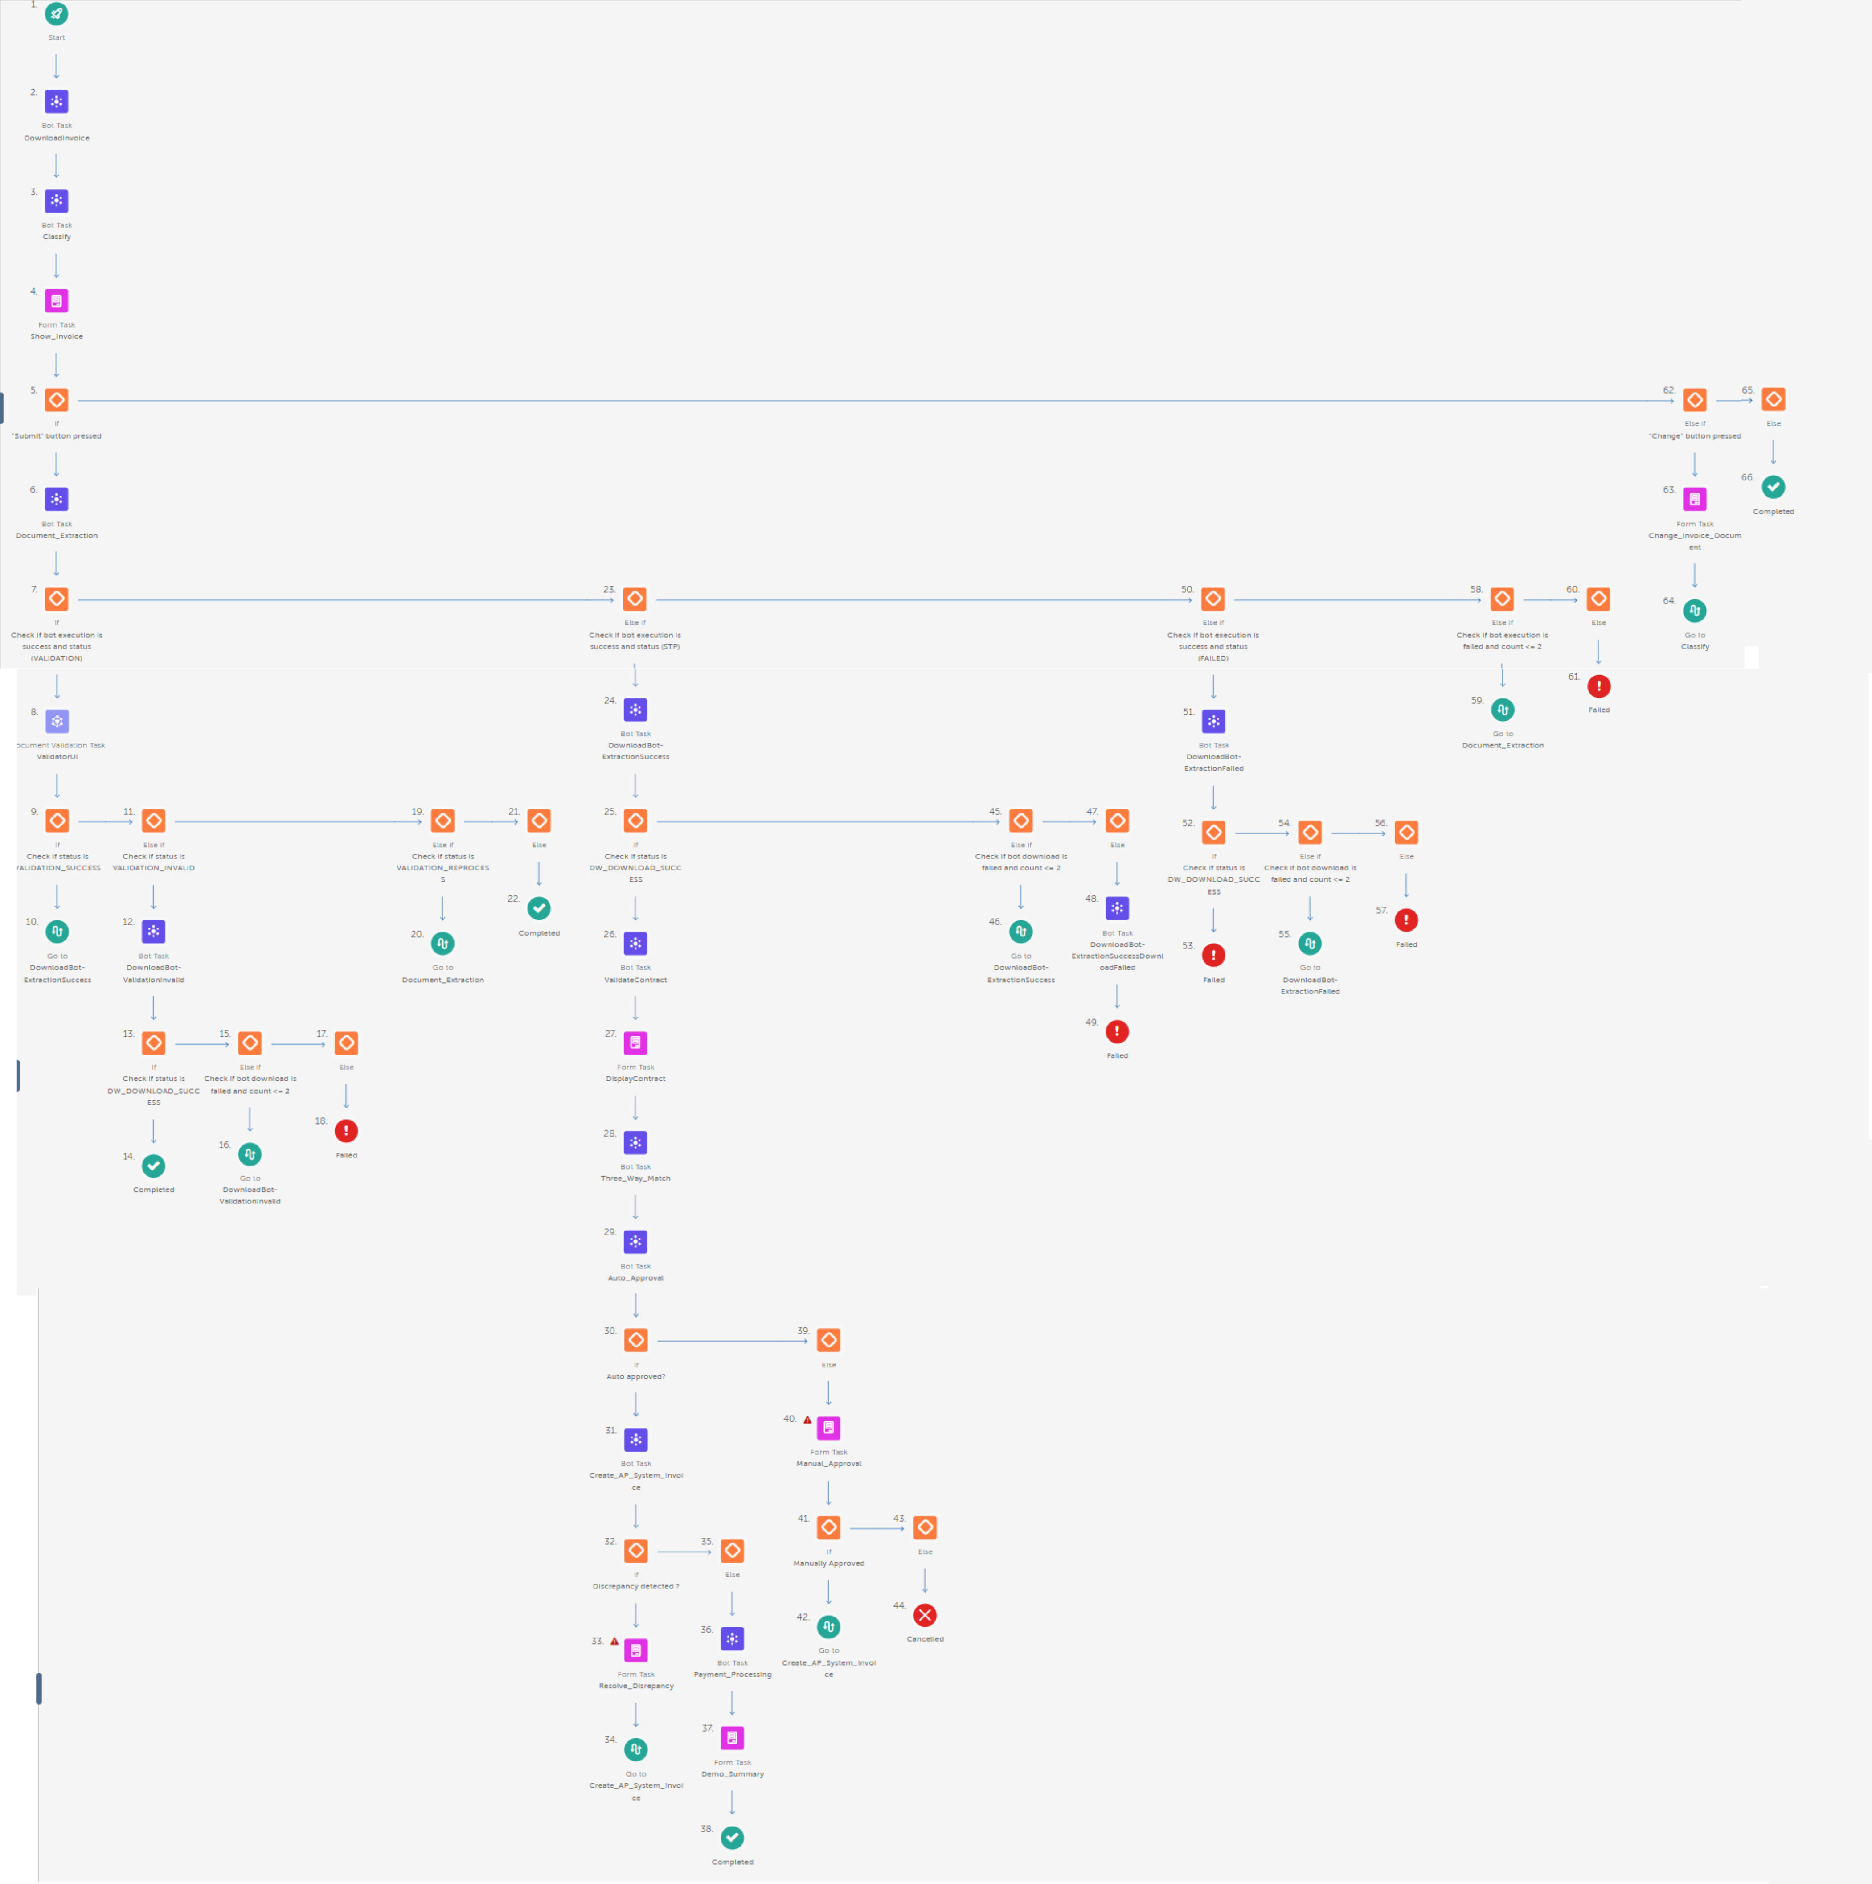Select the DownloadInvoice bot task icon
(x=57, y=102)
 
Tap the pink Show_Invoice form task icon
(x=57, y=300)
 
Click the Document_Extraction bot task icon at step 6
(x=57, y=499)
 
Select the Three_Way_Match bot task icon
(x=636, y=1143)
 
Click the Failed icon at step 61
(x=1599, y=686)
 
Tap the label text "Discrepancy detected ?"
(x=636, y=1587)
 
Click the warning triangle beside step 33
(x=614, y=1641)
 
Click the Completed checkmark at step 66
(x=1774, y=487)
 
